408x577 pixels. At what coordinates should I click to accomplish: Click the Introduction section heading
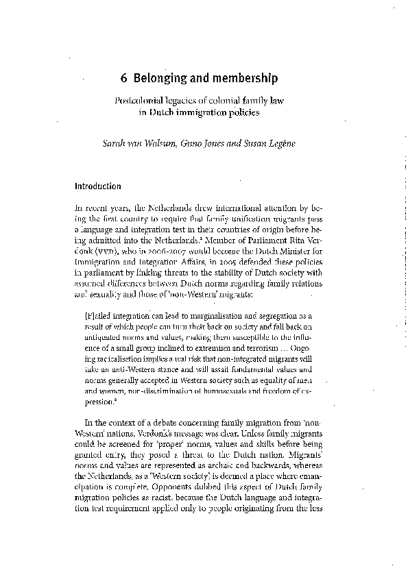97,186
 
